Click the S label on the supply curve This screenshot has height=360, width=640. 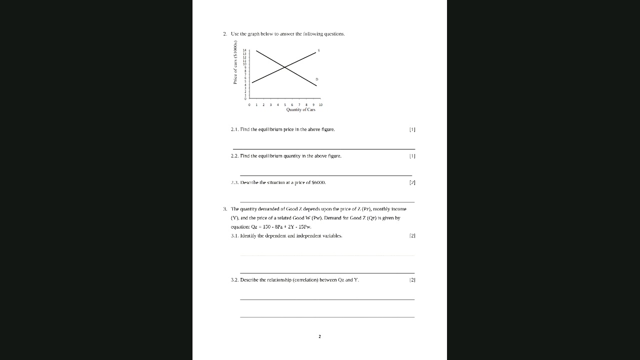coord(318,50)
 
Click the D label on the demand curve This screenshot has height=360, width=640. coord(316,79)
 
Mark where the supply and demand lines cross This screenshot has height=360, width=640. coord(284,67)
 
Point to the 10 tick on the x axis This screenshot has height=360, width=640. coord(320,105)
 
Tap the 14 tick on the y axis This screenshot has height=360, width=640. coord(244,50)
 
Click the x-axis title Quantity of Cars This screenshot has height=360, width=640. coord(300,109)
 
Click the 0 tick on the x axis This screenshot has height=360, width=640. coord(249,105)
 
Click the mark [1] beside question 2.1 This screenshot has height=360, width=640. coord(412,129)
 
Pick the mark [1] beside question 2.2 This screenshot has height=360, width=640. coord(412,156)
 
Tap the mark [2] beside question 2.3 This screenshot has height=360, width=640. coord(412,182)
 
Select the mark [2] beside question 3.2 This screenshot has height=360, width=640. coord(412,280)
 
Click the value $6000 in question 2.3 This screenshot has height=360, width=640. coord(318,182)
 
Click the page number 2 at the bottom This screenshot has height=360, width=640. coord(319,336)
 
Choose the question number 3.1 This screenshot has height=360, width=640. coord(235,235)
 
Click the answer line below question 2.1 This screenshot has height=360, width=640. coord(324,149)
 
